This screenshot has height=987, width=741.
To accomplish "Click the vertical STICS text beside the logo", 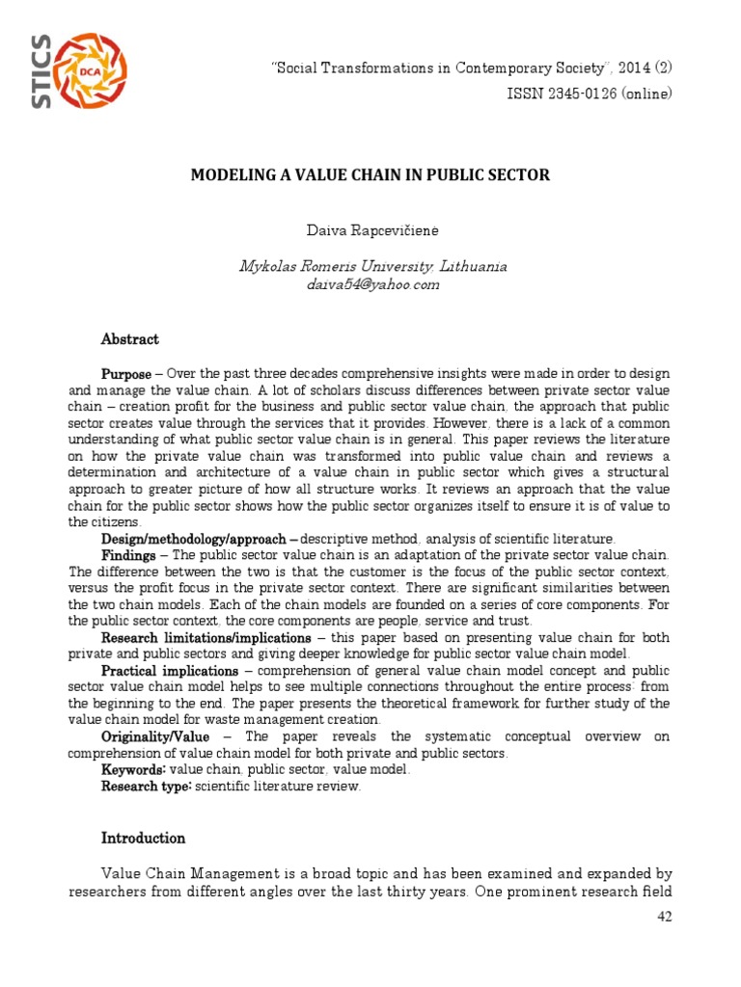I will click(41, 71).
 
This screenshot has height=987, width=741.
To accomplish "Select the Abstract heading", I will click(130, 339).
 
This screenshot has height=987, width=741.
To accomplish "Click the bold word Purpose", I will click(126, 373).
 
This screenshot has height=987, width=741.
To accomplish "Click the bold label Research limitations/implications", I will click(206, 638).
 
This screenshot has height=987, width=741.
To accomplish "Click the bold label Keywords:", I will click(134, 769).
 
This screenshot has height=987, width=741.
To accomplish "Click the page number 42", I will click(663, 916).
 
